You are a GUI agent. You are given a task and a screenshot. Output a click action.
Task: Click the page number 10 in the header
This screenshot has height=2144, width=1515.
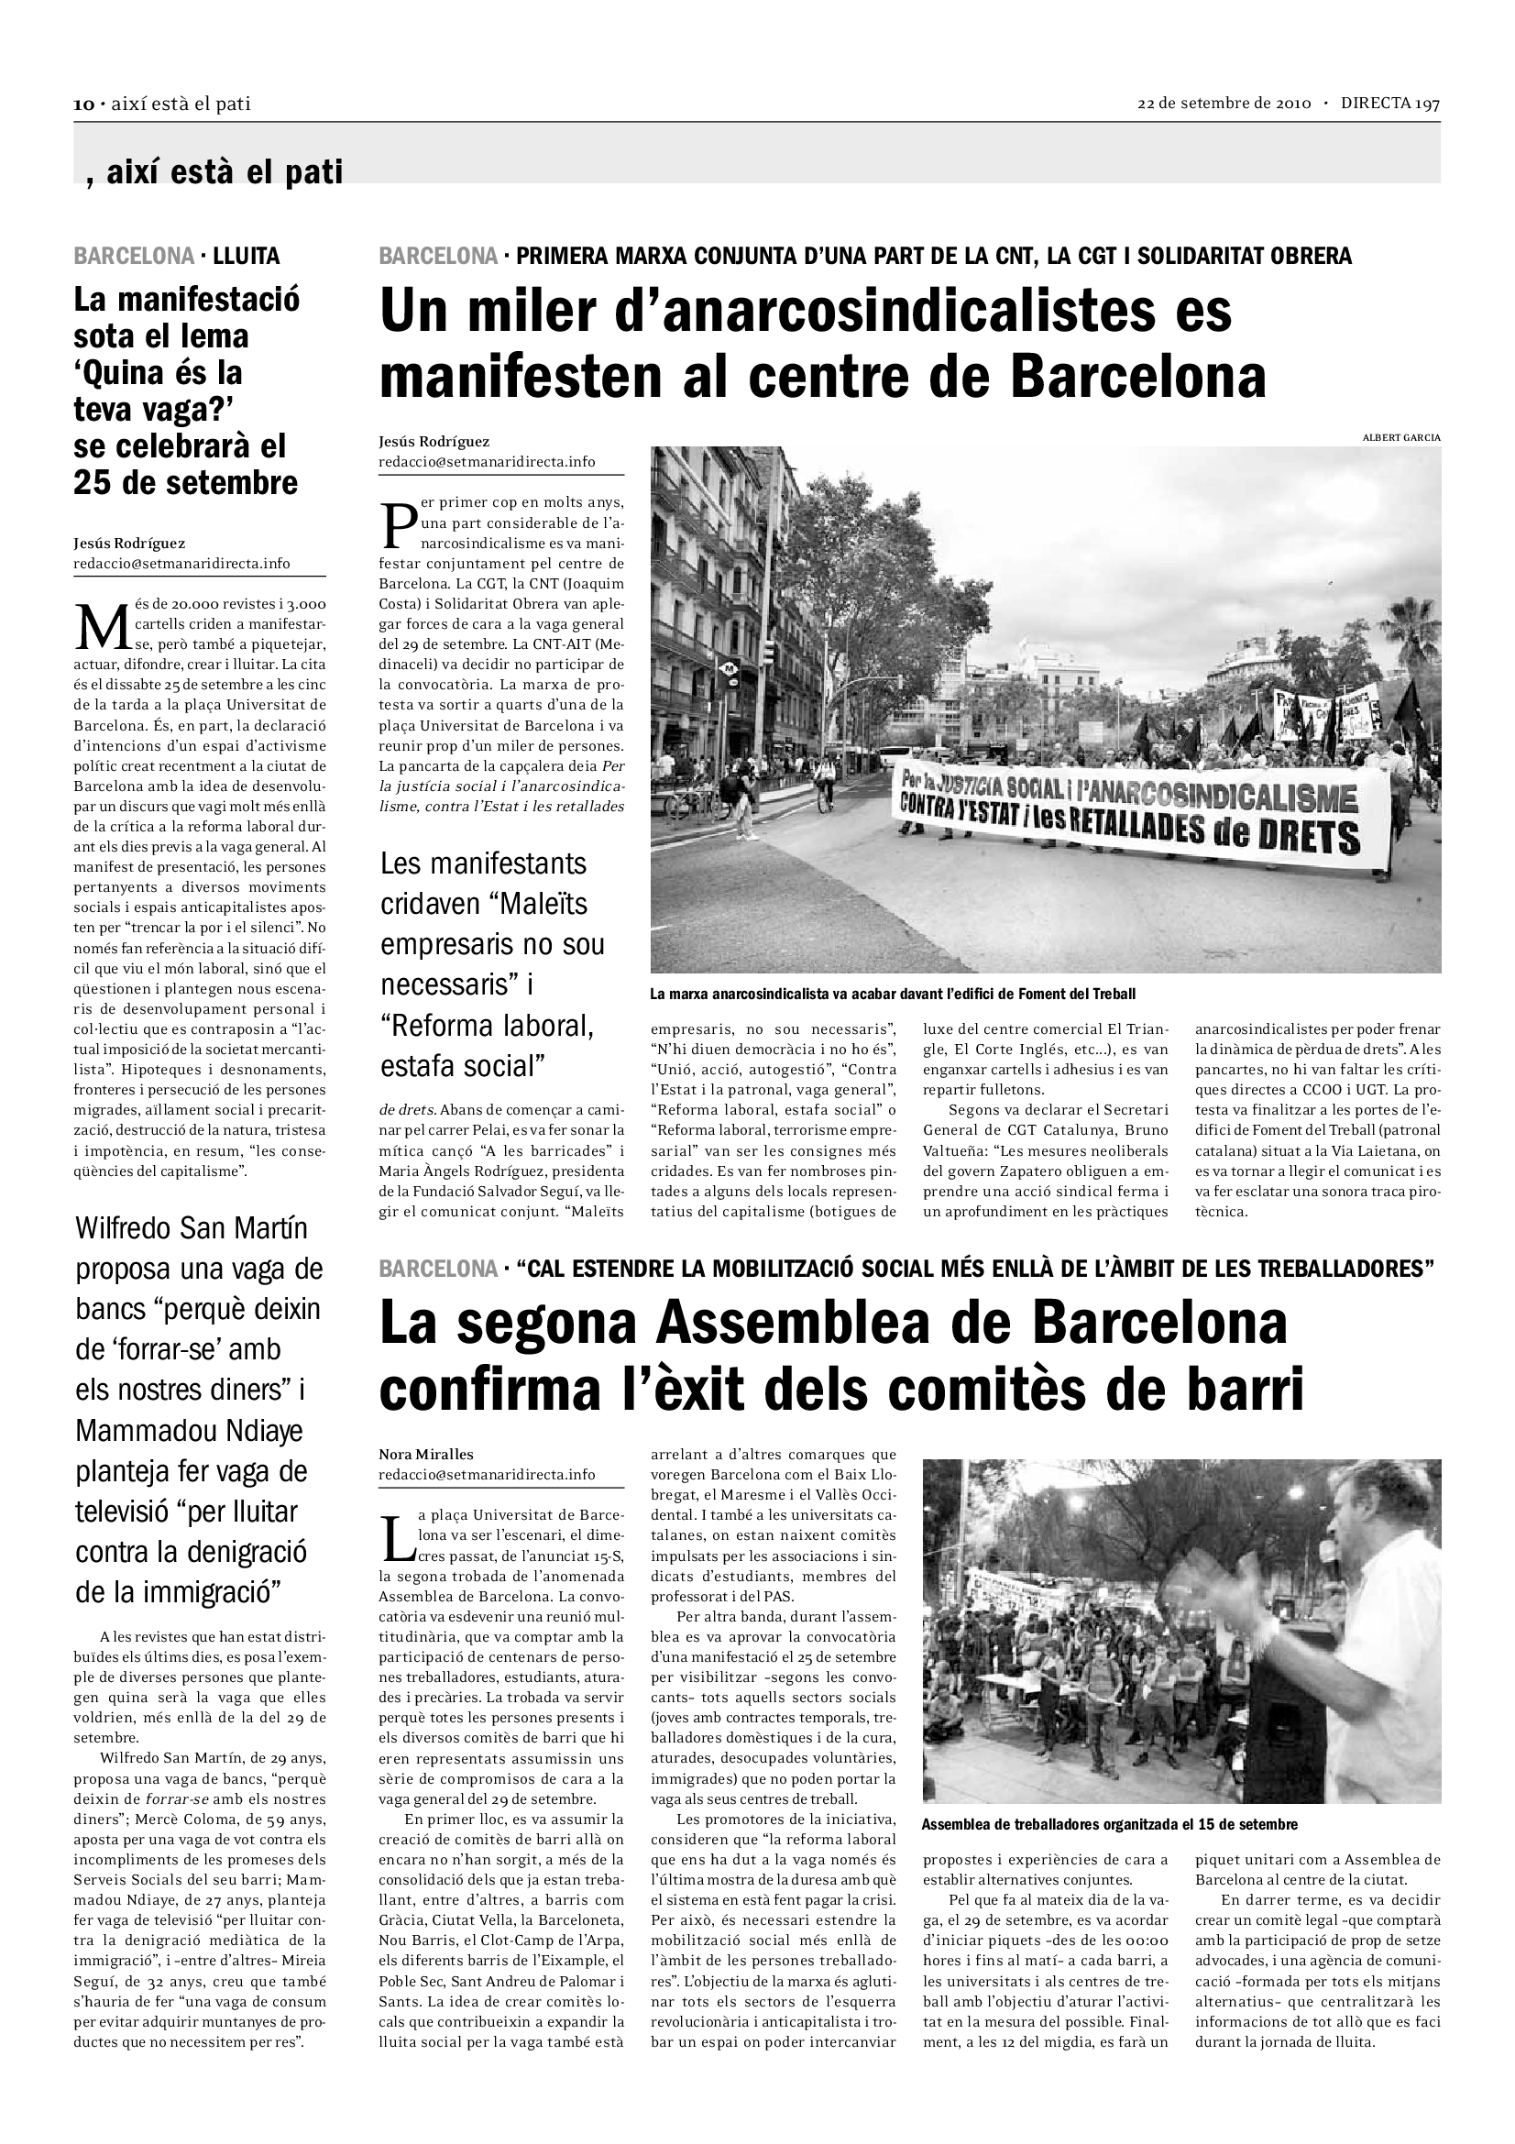84,104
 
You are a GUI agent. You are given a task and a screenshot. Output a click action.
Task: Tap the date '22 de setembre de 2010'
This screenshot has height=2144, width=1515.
1223,104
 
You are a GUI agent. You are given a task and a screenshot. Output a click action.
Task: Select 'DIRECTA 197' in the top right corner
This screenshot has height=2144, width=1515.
1390,104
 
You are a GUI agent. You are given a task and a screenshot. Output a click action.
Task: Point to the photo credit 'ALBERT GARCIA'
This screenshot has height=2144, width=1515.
1401,437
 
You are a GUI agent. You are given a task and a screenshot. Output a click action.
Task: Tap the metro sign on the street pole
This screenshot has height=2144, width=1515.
726,668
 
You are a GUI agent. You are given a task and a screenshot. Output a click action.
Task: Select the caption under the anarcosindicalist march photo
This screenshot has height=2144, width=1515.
893,995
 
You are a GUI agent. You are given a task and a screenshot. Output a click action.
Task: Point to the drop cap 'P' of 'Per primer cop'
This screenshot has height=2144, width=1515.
398,525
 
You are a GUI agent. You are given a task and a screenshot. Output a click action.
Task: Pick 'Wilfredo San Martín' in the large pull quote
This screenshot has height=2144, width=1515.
192,1228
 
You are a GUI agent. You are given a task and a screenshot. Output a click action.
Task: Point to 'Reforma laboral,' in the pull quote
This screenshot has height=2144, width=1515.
487,1026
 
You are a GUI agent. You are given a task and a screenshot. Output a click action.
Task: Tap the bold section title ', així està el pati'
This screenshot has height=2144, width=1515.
214,171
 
